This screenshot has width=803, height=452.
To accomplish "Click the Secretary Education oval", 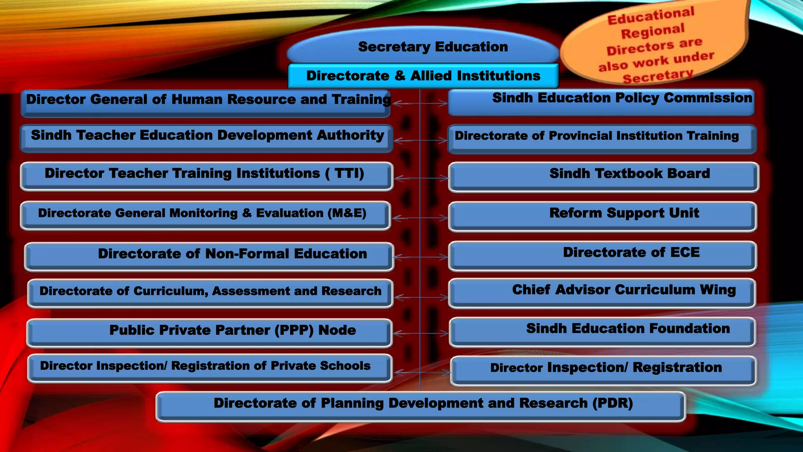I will tap(423, 46).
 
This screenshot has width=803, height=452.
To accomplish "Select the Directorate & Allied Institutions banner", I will tap(423, 76).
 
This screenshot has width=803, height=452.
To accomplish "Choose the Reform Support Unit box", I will tap(603, 216).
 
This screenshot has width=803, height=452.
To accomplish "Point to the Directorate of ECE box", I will tap(603, 255).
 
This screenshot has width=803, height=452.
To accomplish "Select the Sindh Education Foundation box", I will tap(603, 332).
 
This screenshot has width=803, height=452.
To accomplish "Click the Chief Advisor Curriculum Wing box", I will tap(603, 293).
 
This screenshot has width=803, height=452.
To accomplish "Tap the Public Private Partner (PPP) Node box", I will tap(209, 332).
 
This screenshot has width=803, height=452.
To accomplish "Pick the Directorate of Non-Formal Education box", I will tap(209, 256).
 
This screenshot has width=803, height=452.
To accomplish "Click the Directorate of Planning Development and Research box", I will tap(421, 406).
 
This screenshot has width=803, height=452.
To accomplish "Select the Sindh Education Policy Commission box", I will tap(601, 102).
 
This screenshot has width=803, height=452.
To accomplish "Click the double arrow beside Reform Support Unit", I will tap(420, 218).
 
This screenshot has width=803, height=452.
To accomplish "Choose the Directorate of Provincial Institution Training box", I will tap(602, 139).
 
